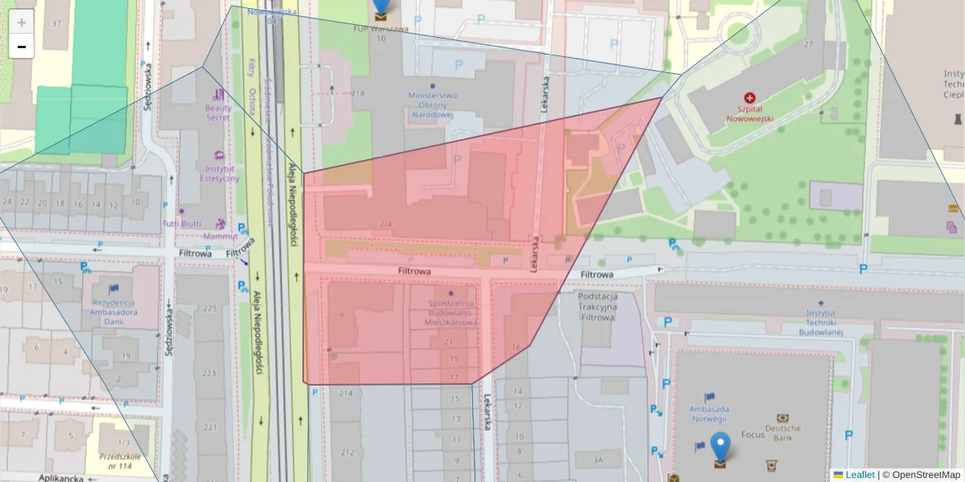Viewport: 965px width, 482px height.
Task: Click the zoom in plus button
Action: click(22, 22)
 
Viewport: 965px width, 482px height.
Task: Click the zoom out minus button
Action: click(22, 47)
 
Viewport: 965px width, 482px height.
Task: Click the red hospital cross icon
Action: click(750, 95)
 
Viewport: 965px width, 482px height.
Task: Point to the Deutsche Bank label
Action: click(782, 433)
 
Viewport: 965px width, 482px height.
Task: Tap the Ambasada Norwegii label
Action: click(708, 414)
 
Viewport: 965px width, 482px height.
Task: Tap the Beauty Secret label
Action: click(218, 112)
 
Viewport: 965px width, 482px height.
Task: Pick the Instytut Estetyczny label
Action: click(219, 174)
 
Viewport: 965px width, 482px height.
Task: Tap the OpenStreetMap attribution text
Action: click(921, 475)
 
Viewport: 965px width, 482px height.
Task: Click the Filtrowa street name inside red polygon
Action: click(414, 272)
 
